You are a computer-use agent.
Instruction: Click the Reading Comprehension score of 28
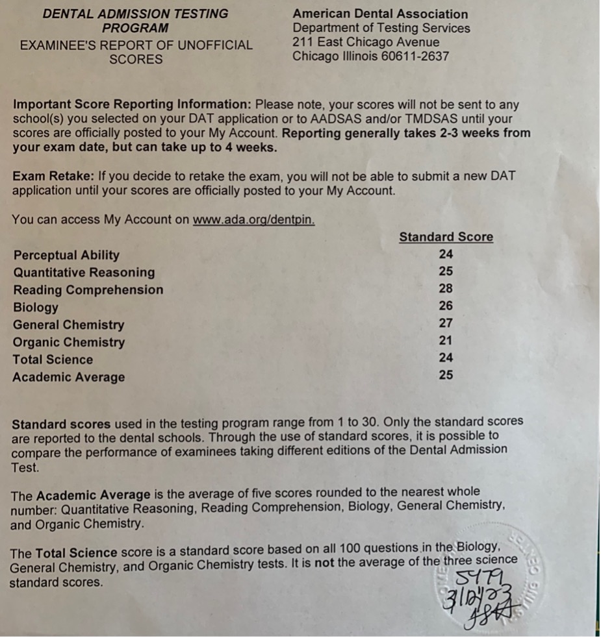tap(446, 289)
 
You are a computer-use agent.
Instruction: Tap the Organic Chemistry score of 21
tap(446, 340)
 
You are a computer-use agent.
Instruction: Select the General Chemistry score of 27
tap(446, 323)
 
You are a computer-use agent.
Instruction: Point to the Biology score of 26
tap(446, 306)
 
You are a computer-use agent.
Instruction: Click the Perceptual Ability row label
tap(66, 255)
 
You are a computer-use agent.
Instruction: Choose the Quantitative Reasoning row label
tap(84, 273)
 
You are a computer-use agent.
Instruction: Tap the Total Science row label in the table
tap(53, 360)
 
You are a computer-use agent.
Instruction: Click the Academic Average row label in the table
tap(68, 377)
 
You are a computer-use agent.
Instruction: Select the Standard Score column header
tap(446, 237)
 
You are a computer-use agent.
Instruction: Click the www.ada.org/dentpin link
tap(254, 219)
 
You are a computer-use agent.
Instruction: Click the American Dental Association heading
tap(380, 14)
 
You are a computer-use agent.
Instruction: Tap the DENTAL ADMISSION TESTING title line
tap(135, 14)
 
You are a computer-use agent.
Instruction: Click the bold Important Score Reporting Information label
tap(132, 104)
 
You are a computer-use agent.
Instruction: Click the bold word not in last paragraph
tap(324, 563)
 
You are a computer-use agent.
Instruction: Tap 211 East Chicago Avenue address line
tap(366, 42)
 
